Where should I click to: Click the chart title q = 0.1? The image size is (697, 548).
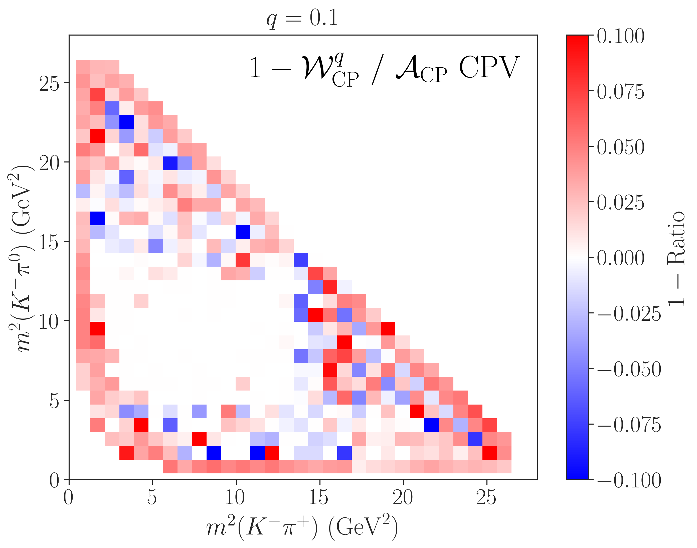pos(302,18)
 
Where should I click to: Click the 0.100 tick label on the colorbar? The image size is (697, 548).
pos(620,36)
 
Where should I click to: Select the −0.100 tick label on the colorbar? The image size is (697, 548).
pos(629,480)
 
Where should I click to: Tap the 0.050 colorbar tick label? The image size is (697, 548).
pos(620,147)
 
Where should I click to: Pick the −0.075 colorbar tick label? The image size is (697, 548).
pos(629,425)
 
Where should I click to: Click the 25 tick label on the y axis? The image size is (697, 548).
pos(49,83)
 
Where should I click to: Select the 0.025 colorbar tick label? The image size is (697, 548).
pos(620,203)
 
